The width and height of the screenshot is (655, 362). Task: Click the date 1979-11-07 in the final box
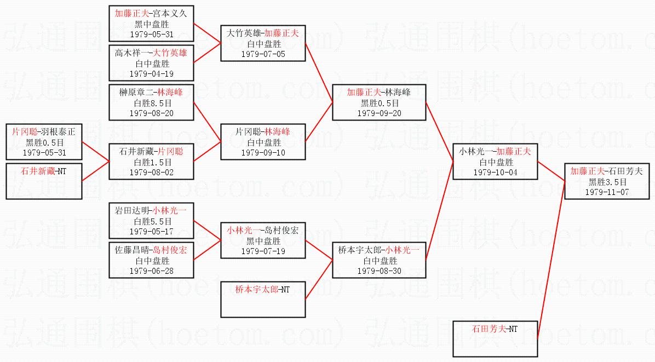(x=606, y=192)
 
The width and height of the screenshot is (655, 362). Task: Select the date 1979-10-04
(x=495, y=173)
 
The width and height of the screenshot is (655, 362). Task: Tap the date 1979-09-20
(x=379, y=113)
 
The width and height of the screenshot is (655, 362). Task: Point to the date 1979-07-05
(x=263, y=54)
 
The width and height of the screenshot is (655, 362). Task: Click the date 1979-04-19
(x=151, y=73)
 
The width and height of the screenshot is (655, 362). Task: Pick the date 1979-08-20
(x=151, y=113)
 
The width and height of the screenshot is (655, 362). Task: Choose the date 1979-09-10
(x=263, y=153)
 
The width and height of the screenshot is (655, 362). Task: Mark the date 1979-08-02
(x=151, y=173)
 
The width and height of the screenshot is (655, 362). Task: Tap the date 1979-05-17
(x=151, y=232)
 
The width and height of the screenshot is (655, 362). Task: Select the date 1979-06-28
(x=151, y=271)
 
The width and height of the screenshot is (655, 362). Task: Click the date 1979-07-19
(x=263, y=251)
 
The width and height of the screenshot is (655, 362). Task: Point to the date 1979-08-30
(x=379, y=271)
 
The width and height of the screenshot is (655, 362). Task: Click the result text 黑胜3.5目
(x=606, y=182)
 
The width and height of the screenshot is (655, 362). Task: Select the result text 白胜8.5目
(x=151, y=102)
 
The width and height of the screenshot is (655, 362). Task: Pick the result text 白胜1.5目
(x=151, y=162)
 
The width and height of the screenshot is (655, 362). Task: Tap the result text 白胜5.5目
(x=151, y=221)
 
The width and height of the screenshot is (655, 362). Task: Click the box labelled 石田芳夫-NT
(x=495, y=339)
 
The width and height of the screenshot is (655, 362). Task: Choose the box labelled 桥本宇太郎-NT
(x=263, y=299)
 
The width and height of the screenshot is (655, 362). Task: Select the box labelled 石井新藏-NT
(x=44, y=181)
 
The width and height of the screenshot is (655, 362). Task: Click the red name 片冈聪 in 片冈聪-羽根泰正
(x=23, y=132)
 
